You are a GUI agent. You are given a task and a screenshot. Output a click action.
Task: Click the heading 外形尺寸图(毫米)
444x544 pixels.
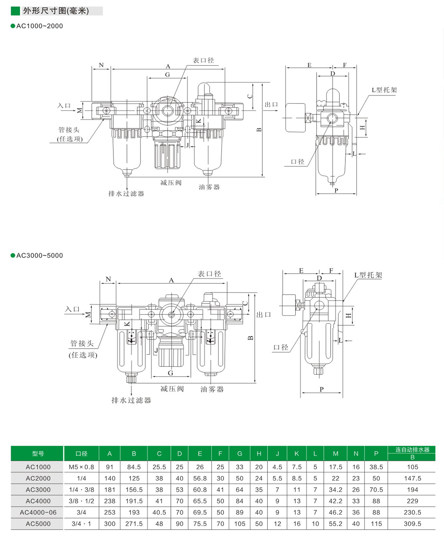tap(56, 11)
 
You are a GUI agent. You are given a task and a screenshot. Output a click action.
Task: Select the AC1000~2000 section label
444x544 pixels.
tap(39, 26)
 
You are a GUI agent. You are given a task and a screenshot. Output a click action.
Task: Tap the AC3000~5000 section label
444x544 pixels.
tap(39, 255)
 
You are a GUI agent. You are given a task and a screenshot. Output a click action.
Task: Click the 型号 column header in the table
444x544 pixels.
tap(38, 454)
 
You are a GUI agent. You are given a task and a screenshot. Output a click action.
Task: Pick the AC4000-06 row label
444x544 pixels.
tap(38, 512)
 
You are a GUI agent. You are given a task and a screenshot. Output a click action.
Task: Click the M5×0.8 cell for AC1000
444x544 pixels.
tap(81, 467)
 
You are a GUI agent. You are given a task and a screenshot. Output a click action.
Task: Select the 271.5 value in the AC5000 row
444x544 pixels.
tap(134, 524)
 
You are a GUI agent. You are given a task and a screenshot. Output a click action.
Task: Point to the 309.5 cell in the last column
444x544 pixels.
tap(412, 524)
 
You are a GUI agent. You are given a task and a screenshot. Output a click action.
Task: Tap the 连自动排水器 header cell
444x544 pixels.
tap(412, 450)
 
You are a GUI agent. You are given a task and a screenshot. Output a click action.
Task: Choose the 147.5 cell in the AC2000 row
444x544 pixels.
tap(412, 478)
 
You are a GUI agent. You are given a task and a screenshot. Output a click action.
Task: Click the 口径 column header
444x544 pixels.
tap(81, 454)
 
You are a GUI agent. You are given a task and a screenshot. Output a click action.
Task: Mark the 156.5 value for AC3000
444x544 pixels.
tap(134, 489)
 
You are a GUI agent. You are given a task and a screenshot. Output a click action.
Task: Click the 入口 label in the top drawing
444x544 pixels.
tap(64, 106)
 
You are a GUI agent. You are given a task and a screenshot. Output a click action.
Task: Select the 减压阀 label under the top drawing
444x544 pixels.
tap(171, 183)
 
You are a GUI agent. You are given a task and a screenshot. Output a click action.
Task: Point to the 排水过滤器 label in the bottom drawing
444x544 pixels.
tap(131, 400)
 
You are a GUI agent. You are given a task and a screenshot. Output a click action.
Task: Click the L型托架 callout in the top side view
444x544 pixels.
tap(384, 90)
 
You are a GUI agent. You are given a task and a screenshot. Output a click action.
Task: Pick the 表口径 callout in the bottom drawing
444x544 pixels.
tap(209, 274)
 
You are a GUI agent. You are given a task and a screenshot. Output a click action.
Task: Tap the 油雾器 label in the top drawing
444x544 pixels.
tap(209, 187)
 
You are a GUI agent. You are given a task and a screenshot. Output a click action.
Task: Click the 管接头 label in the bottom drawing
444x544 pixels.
tap(82, 343)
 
